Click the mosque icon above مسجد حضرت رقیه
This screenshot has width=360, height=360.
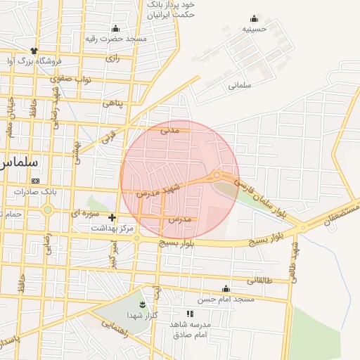[x=115, y=28]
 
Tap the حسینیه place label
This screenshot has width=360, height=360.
[x=255, y=30]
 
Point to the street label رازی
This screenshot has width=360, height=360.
[x=113, y=58]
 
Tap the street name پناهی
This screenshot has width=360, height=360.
[x=112, y=103]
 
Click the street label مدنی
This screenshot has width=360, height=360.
[x=170, y=129]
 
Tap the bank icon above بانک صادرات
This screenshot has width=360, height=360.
[x=36, y=181]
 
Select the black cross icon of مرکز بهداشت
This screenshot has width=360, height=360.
[x=112, y=218]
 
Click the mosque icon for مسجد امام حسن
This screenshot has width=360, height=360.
[x=226, y=288]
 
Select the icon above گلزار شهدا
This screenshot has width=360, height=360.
[x=143, y=304]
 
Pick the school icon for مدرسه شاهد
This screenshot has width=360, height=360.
[x=188, y=313]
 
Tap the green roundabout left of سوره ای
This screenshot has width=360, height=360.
[x=47, y=210]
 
